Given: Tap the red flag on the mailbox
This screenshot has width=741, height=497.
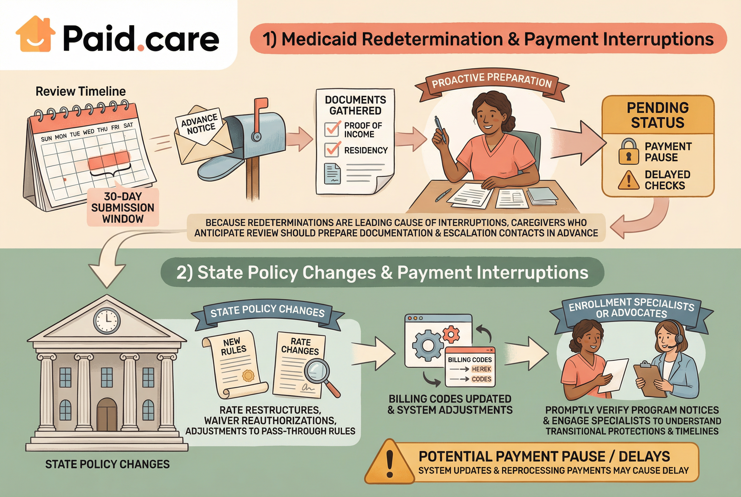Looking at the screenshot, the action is click(x=261, y=105).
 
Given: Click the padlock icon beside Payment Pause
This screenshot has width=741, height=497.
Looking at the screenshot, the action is click(x=628, y=151).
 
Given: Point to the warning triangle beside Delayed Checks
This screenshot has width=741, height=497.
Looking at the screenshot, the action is click(x=628, y=180).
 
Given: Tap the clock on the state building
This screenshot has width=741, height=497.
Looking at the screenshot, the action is click(x=107, y=320).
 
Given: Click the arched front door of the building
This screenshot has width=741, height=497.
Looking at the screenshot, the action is click(x=107, y=414).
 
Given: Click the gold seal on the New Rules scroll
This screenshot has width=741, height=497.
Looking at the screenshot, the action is click(x=248, y=376).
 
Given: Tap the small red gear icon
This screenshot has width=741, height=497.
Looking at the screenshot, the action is click(x=451, y=334).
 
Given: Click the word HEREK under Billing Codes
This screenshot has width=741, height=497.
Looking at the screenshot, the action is click(x=481, y=369).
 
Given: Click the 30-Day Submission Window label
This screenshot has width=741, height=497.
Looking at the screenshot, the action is click(x=123, y=208).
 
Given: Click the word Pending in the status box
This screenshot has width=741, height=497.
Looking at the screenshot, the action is click(x=658, y=108).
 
